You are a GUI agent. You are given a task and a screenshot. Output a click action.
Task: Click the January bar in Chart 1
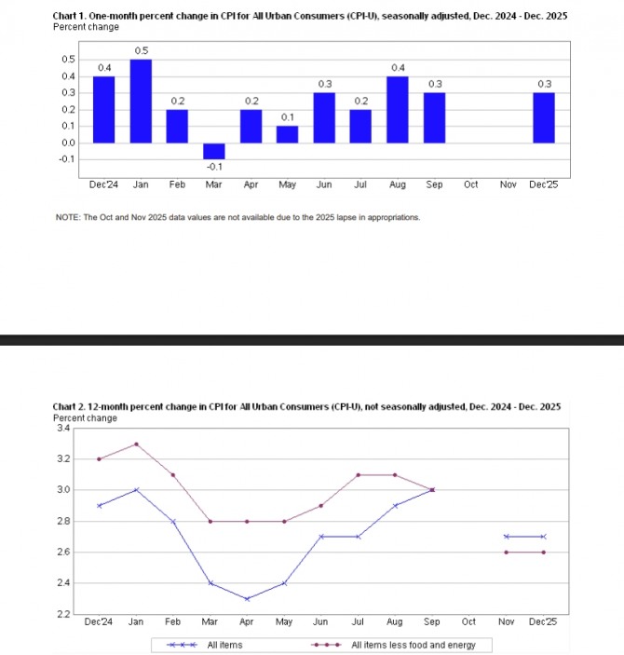(x=141, y=101)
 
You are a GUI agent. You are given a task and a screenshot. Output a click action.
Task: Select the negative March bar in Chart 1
(x=214, y=151)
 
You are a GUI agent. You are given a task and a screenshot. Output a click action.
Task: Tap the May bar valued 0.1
(x=288, y=134)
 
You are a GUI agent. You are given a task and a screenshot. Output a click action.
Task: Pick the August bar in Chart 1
(x=398, y=109)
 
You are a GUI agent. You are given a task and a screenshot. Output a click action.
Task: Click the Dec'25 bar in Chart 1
(x=544, y=117)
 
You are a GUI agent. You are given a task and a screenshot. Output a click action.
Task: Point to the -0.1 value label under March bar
(x=214, y=167)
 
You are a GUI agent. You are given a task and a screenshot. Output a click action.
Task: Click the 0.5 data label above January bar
(x=141, y=50)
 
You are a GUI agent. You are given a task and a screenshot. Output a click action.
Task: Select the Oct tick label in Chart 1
(x=470, y=184)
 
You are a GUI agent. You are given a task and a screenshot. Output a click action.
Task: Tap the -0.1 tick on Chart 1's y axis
(x=67, y=159)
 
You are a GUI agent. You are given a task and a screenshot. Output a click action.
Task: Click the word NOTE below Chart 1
(x=68, y=217)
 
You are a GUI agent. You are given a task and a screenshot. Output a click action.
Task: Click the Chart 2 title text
(x=307, y=407)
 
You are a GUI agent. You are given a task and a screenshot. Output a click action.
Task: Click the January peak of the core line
(x=137, y=443)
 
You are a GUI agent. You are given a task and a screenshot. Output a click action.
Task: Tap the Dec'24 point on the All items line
(x=100, y=506)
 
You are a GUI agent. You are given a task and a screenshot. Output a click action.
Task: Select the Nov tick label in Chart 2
(x=507, y=621)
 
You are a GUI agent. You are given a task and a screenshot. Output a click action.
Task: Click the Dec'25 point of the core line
(x=544, y=553)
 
